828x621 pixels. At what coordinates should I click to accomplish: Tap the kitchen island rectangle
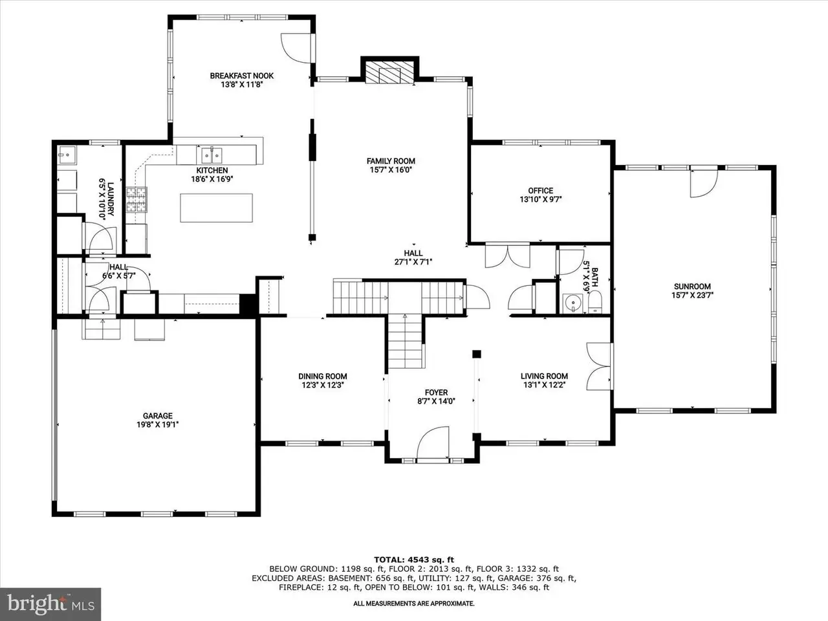(x=216, y=208)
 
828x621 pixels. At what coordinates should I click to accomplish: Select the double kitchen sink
(x=212, y=155)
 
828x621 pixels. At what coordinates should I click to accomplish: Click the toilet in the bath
(x=595, y=301)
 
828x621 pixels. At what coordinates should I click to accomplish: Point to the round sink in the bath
(x=573, y=303)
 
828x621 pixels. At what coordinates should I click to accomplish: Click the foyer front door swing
(x=433, y=442)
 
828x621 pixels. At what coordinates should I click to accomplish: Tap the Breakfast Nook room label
(x=241, y=76)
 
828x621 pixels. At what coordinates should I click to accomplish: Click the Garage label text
(x=158, y=415)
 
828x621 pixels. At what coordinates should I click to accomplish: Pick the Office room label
(x=541, y=190)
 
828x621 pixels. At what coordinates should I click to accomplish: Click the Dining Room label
(x=323, y=376)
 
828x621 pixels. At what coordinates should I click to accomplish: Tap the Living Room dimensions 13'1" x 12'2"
(x=544, y=385)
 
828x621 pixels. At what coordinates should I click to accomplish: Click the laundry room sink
(x=67, y=155)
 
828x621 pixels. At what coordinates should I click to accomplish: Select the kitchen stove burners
(x=136, y=199)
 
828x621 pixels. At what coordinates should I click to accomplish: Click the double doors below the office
(x=507, y=256)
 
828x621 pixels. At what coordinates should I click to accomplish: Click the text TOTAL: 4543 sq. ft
(x=414, y=560)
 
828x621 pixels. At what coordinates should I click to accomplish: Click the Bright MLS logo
(x=50, y=604)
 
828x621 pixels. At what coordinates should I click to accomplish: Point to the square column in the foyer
(x=477, y=354)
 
